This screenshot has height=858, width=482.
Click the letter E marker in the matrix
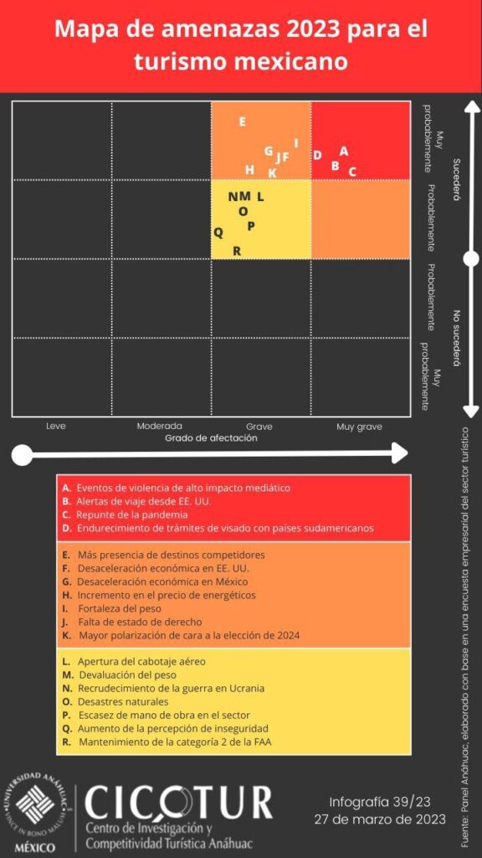(242, 122)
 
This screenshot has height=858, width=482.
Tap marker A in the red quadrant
(344, 151)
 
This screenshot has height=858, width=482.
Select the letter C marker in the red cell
(352, 172)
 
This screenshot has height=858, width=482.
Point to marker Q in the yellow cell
(218, 233)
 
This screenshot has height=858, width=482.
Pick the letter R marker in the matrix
(237, 251)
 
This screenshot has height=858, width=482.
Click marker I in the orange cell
(296, 142)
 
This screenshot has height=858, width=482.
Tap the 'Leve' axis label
(56, 426)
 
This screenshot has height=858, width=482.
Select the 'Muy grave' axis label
(359, 426)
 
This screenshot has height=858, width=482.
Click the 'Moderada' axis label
(160, 426)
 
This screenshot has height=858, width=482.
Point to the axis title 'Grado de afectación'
(211, 438)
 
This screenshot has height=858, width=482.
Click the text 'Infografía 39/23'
(380, 802)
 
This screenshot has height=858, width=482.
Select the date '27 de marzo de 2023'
(380, 819)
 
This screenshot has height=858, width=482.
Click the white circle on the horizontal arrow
(22, 454)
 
